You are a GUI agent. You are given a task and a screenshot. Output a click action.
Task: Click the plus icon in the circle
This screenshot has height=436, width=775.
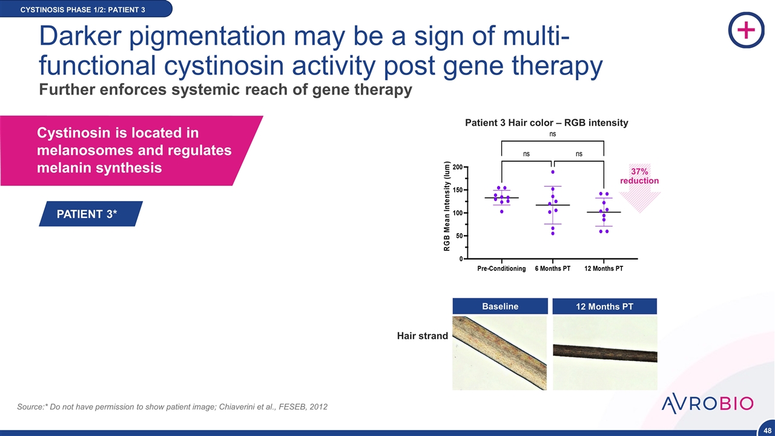point(747,30)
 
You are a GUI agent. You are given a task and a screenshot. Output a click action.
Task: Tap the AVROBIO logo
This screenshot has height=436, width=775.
point(707,403)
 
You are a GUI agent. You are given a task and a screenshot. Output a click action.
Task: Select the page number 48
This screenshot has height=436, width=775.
point(767,431)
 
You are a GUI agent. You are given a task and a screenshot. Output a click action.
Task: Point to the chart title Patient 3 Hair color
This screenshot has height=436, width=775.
point(546,123)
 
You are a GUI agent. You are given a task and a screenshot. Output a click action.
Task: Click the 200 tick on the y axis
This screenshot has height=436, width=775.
point(457,167)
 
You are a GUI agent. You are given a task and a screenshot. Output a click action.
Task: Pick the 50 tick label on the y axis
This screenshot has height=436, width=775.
point(459,236)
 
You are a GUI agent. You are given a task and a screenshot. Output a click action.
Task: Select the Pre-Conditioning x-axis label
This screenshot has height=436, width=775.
point(501,268)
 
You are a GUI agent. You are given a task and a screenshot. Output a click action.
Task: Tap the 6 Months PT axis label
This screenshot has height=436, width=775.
point(553,268)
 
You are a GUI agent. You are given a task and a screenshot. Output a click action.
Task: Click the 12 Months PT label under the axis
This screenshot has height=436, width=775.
point(604,268)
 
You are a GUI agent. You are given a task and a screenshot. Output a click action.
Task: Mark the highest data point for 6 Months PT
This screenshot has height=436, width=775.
point(553,172)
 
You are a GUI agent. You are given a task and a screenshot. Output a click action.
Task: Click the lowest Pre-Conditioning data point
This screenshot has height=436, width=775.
point(502,211)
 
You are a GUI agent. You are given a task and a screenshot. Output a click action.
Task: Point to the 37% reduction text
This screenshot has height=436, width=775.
point(639,176)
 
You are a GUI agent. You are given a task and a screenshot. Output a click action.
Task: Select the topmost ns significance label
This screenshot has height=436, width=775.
point(553,134)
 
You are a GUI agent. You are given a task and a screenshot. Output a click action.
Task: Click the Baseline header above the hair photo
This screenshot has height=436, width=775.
point(500,306)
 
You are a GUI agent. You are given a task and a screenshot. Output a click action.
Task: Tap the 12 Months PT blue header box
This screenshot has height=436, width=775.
point(604,306)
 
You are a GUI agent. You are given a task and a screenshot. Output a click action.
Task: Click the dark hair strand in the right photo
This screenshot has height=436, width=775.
point(605,352)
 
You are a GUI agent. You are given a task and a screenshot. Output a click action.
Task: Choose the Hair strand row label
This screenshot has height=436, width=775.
point(423,335)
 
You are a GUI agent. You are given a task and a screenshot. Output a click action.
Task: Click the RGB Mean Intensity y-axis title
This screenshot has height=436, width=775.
point(447,206)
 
